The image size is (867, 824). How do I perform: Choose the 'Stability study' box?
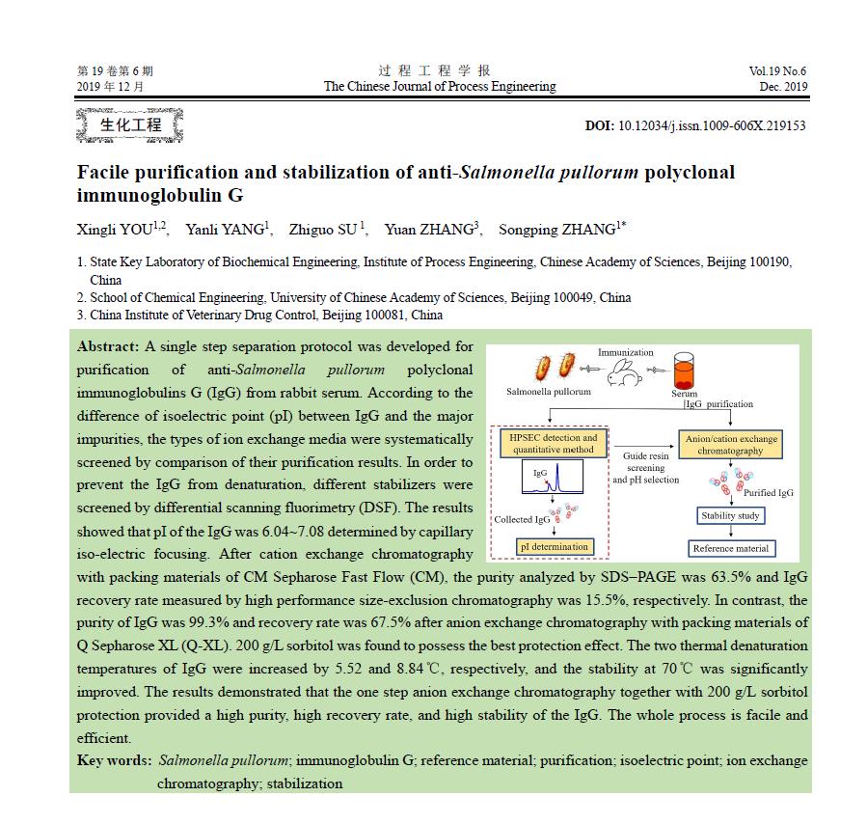[730, 515]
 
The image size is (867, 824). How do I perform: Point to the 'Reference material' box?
[730, 548]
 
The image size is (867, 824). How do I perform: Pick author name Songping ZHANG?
[555, 230]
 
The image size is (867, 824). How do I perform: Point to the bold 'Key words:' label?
[114, 760]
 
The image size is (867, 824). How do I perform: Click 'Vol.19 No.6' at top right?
[777, 71]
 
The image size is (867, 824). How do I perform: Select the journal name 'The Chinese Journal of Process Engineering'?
[440, 87]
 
